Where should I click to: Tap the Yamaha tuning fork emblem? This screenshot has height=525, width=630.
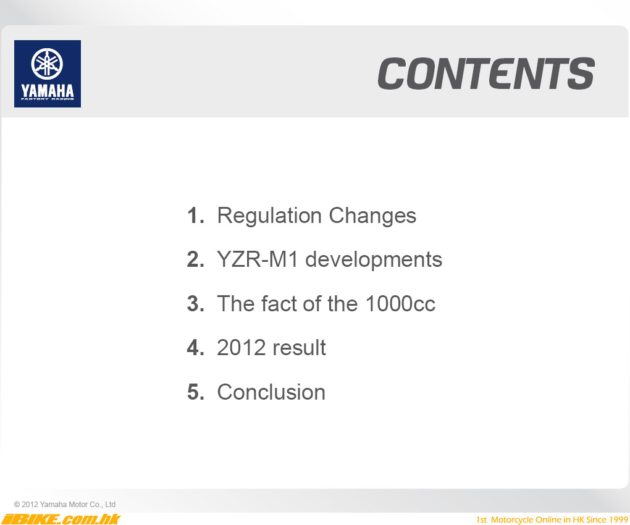point(47,64)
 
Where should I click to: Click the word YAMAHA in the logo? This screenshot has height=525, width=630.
point(48,91)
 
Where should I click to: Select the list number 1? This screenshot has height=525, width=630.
point(196,216)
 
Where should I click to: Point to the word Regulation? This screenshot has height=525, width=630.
point(269,217)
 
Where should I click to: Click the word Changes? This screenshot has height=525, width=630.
point(372,217)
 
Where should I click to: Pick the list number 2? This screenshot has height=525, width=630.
point(196,259)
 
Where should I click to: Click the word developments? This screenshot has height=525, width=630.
point(374,260)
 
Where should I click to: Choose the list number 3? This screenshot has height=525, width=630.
point(196,304)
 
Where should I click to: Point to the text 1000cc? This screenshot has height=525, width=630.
point(400,304)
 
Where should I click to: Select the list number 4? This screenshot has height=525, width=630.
point(196,348)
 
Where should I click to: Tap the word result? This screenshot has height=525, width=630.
point(299,348)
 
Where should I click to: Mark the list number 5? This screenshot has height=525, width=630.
point(196,392)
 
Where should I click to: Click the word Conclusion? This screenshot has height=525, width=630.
point(271,392)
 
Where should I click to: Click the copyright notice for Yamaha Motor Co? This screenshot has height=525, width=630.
point(65,505)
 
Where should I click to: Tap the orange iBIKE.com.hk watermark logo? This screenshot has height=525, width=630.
point(61,519)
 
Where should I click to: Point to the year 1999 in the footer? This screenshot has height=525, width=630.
point(618,520)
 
